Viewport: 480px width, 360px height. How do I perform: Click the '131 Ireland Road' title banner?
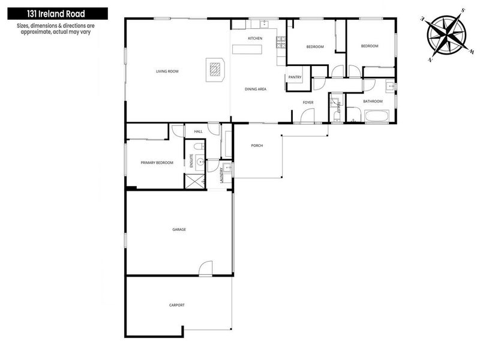pyautogui.click(x=58, y=14)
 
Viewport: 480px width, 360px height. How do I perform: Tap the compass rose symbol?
pyautogui.click(x=447, y=35)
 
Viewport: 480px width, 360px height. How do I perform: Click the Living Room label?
pyautogui.click(x=167, y=71)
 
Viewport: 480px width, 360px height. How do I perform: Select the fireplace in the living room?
pyautogui.click(x=215, y=70)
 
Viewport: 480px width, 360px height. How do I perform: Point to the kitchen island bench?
pyautogui.click(x=247, y=49)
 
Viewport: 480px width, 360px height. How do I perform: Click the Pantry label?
pyautogui.click(x=295, y=77)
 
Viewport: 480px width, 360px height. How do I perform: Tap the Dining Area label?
pyautogui.click(x=256, y=89)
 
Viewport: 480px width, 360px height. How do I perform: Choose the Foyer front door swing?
pyautogui.click(x=307, y=116)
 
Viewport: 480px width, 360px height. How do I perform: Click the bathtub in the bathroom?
pyautogui.click(x=377, y=116)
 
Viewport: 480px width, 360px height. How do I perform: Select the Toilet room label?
pyautogui.click(x=338, y=109)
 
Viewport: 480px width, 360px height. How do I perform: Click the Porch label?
pyautogui.click(x=257, y=145)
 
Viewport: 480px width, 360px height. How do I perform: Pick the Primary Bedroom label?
pyautogui.click(x=157, y=163)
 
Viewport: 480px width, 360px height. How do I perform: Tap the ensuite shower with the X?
pyautogui.click(x=194, y=181)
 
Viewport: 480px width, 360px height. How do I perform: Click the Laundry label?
pyautogui.click(x=221, y=175)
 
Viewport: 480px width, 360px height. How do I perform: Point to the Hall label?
pyautogui.click(x=199, y=131)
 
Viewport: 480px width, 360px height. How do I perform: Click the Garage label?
pyautogui.click(x=179, y=229)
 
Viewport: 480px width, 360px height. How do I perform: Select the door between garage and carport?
pyautogui.click(x=205, y=268)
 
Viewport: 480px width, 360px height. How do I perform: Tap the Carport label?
pyautogui.click(x=177, y=305)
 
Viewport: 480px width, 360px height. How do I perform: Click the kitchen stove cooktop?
pyautogui.click(x=281, y=43)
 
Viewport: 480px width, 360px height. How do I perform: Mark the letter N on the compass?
pyautogui.click(x=430, y=59)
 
